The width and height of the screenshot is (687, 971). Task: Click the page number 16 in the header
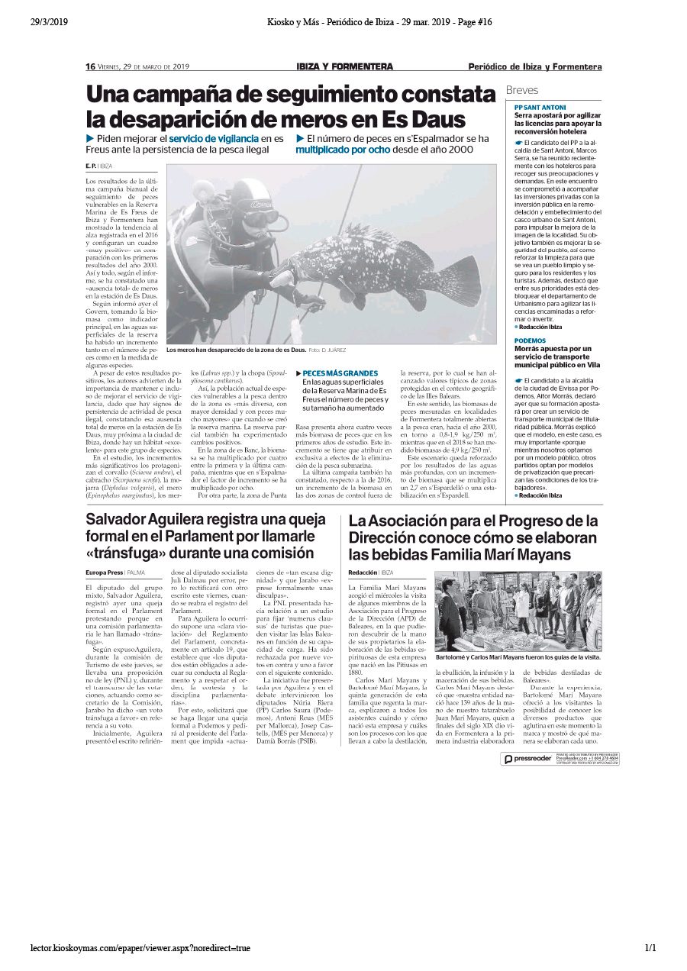coord(89,66)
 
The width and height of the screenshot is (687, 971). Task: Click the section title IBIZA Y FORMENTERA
coord(344,66)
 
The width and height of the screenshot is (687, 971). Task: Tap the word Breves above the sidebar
coord(522,90)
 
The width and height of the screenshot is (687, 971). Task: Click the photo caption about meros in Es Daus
coord(235,350)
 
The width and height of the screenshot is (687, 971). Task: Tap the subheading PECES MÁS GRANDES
coord(340,373)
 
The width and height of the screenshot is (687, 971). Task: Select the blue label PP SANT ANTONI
coord(540,107)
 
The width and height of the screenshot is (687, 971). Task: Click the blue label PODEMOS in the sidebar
coord(530,340)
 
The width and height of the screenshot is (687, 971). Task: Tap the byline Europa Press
coord(104,572)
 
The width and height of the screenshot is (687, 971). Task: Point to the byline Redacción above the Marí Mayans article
coord(363,572)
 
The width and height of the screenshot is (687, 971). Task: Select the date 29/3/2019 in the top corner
coord(49,22)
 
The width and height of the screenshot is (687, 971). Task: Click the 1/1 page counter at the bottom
coord(650,948)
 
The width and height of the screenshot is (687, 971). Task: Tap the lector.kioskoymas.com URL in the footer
coord(140,948)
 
